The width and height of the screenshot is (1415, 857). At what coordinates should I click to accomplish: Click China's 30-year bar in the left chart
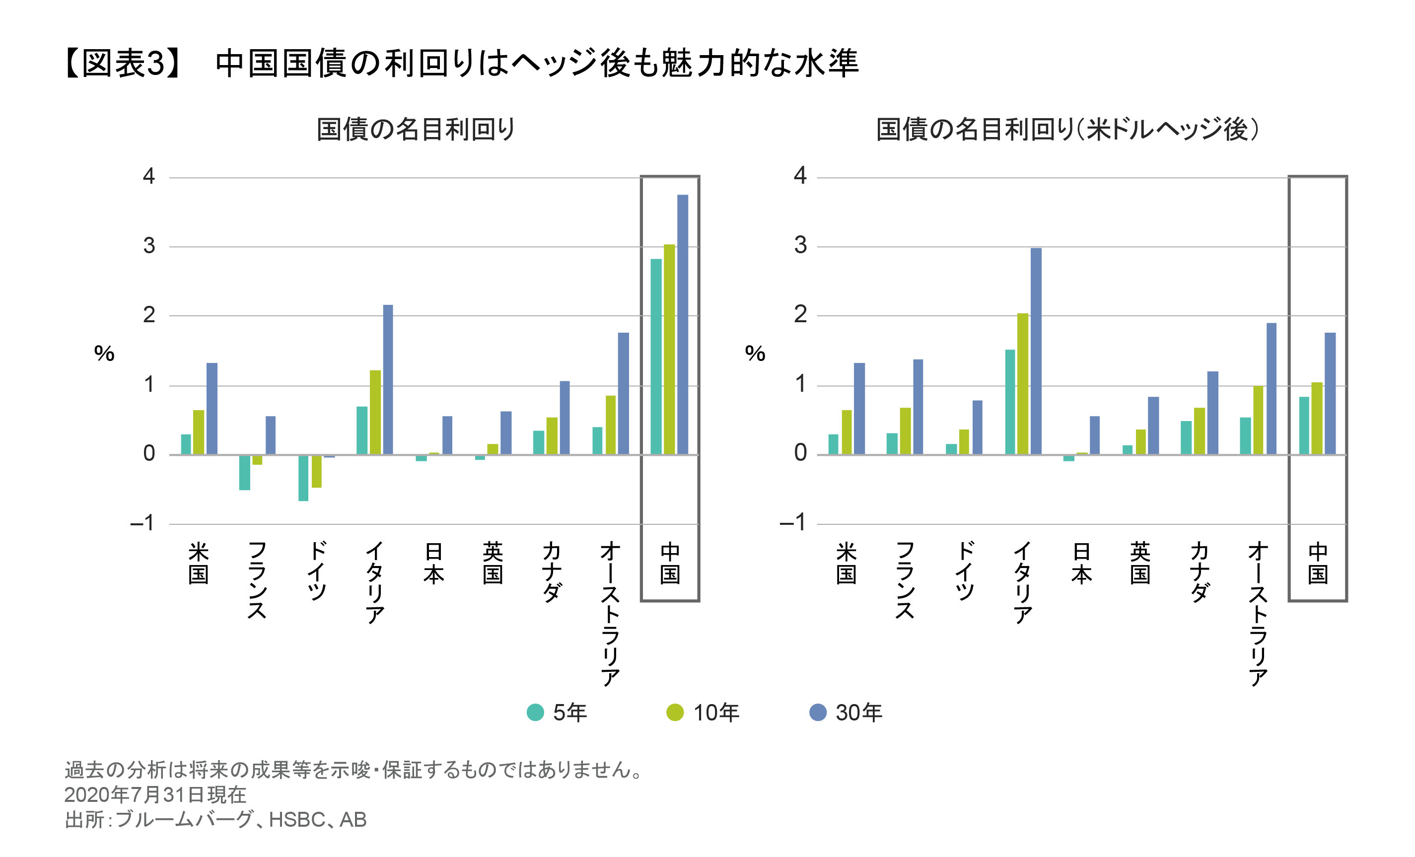(x=682, y=325)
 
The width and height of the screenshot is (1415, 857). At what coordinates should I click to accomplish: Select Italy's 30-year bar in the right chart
(x=1035, y=351)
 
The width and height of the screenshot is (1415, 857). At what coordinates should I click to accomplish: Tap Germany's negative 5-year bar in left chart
(x=303, y=478)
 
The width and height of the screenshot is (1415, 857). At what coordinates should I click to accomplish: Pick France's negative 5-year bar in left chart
(x=245, y=472)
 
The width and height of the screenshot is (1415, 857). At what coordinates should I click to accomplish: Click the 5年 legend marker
(x=535, y=712)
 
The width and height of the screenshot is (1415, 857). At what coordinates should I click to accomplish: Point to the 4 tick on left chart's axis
(x=149, y=176)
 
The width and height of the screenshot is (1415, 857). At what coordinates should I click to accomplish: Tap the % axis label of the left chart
(x=104, y=353)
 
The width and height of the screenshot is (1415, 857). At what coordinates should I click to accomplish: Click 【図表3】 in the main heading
(x=124, y=63)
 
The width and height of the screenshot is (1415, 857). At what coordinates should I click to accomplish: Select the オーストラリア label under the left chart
(x=611, y=614)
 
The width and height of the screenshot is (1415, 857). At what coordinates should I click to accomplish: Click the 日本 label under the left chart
(x=433, y=563)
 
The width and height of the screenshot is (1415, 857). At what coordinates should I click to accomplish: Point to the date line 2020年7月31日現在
(x=155, y=794)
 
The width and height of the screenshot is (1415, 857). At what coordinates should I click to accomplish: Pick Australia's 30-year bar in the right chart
(x=1272, y=388)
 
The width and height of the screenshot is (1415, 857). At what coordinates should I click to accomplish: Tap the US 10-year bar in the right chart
(x=847, y=432)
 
